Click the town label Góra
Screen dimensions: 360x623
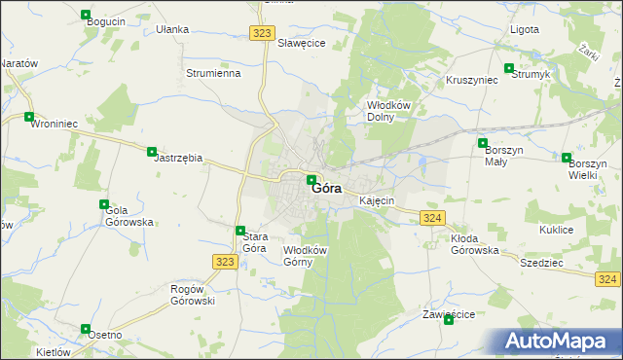[327, 190]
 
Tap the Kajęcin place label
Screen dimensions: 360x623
[377, 200]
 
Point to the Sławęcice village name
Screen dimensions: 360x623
[302, 43]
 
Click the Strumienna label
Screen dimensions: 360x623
[213, 73]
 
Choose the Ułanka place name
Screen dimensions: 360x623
[172, 29]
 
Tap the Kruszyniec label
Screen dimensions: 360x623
[472, 80]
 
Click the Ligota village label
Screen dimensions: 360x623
[525, 29]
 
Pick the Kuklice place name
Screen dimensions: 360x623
[556, 230]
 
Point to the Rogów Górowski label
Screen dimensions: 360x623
[193, 295]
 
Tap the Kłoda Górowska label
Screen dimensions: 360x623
[475, 244]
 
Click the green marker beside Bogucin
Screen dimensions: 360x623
[87, 17]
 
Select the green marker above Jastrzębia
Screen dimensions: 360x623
[152, 151]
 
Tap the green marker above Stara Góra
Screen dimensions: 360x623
[240, 231]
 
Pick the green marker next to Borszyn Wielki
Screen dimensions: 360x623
[568, 157]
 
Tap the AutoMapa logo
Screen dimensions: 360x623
[558, 342]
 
